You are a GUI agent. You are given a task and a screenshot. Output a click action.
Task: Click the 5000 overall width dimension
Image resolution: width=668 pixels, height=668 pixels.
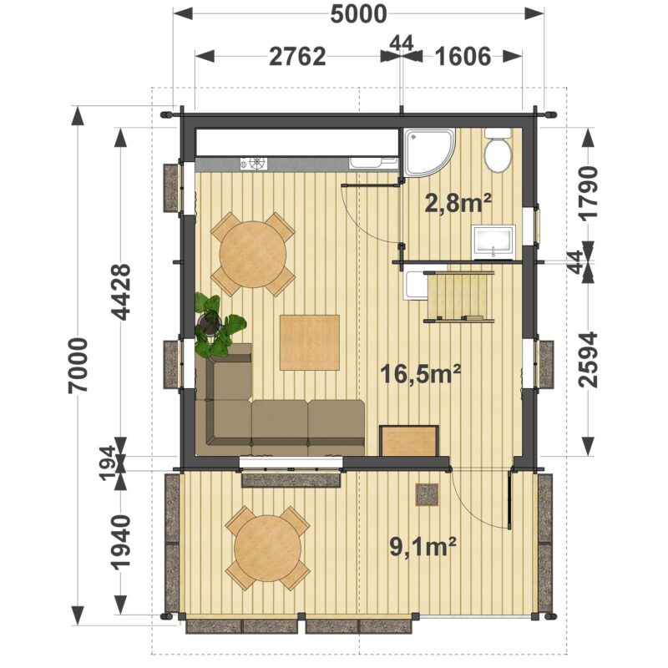click(359, 14)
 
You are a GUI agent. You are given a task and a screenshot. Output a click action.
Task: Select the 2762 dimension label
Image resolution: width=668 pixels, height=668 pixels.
click(297, 57)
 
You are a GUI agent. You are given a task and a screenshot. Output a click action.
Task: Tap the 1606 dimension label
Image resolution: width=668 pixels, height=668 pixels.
click(463, 57)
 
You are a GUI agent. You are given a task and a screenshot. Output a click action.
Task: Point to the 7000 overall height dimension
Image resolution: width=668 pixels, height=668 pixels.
click(78, 365)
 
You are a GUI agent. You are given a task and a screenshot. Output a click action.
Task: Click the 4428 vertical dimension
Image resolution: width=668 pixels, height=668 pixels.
click(121, 291)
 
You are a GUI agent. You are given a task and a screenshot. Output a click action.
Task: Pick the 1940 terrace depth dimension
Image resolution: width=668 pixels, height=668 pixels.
click(121, 542)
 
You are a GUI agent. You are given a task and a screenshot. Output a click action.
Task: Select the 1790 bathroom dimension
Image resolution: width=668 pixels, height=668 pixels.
click(588, 193)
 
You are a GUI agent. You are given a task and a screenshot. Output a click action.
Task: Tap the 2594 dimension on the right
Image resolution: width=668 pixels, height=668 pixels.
click(588, 360)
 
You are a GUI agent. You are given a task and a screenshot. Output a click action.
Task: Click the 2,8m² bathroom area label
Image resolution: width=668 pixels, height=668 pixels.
click(458, 203)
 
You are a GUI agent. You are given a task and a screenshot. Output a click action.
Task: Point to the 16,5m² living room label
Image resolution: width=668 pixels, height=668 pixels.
click(420, 373)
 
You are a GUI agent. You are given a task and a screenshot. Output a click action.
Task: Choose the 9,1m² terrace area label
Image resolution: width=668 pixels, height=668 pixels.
click(423, 547)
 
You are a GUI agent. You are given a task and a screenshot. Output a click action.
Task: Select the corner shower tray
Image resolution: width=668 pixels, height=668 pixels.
click(429, 152)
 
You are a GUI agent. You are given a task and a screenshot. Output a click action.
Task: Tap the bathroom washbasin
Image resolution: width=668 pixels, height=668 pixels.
click(493, 242)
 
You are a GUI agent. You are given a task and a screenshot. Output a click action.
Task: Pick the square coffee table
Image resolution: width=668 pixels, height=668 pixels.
click(310, 342)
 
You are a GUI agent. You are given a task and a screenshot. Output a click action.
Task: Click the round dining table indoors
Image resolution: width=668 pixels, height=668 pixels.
click(253, 255)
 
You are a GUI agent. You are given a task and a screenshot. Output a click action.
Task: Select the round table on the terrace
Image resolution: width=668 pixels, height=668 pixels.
click(268, 548)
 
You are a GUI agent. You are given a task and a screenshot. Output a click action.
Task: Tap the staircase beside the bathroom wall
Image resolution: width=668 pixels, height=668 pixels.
click(458, 296)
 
